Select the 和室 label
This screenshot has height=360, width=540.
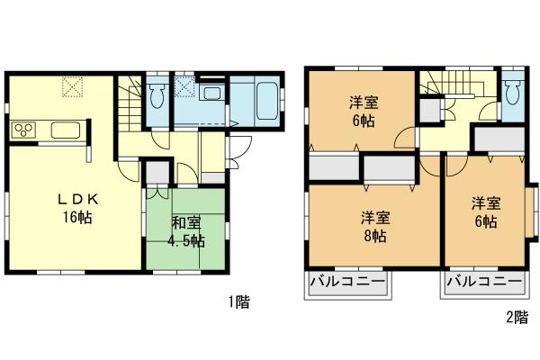187,223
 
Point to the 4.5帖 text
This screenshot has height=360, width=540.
186,240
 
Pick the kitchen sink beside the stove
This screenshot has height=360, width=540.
67,131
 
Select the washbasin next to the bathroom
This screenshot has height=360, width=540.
212,94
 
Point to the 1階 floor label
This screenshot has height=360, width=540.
238,302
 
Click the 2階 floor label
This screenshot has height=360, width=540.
516,317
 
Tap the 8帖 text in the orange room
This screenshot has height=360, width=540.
375,236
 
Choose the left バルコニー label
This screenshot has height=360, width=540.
348,283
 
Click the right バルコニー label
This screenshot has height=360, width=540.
483,283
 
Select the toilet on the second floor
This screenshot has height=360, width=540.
513,89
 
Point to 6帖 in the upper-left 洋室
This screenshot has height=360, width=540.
362,121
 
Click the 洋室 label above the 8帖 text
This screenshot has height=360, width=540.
375,217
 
